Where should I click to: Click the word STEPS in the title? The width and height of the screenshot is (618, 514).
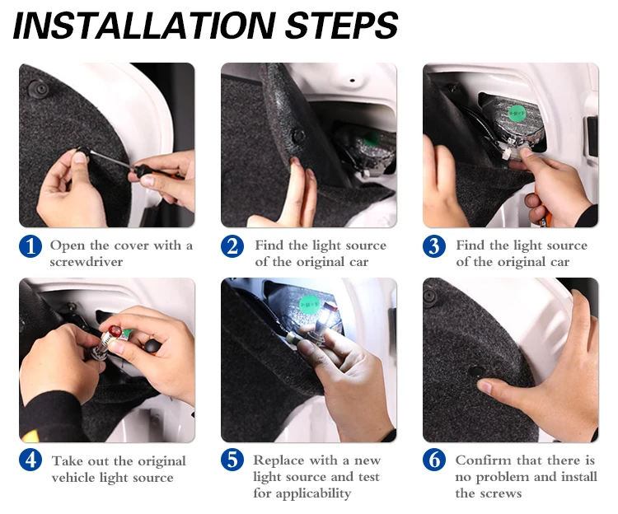[x=341, y=26]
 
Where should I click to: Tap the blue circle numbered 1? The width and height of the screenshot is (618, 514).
[x=30, y=246]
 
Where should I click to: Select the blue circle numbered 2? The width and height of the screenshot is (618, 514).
[x=232, y=246]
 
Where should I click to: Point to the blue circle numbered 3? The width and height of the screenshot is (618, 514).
[x=434, y=246]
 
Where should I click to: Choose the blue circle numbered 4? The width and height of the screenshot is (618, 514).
[x=30, y=460]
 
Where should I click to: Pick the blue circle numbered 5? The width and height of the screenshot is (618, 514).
[x=232, y=460]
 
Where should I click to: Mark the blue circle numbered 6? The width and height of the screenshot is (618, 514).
[x=434, y=460]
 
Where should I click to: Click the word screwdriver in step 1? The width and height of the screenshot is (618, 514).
[x=87, y=262]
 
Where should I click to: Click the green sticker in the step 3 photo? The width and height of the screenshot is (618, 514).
[x=517, y=114]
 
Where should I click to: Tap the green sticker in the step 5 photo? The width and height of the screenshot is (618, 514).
[x=310, y=305]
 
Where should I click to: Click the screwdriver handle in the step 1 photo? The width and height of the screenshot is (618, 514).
[x=157, y=173]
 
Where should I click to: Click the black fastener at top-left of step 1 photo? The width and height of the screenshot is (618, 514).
[x=39, y=89]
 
